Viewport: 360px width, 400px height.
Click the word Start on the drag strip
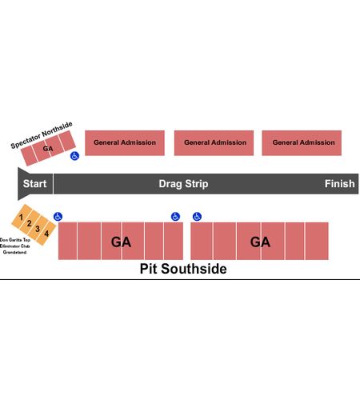tap(34, 184)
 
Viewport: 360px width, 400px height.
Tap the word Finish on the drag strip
tap(339, 184)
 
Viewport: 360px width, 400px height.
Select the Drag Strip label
tap(183, 184)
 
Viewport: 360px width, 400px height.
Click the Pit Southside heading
tap(183, 269)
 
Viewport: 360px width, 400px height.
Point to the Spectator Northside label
tap(42, 134)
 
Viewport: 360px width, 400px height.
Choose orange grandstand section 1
tap(22, 217)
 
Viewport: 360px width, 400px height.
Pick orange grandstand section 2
tap(30, 222)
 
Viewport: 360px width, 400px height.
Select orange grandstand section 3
tap(38, 228)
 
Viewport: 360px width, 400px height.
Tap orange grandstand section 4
tap(46, 234)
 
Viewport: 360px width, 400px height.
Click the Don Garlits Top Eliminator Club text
tap(15, 246)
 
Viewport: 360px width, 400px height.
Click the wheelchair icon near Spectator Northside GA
tap(74, 156)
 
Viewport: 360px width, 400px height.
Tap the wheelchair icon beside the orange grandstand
tap(58, 217)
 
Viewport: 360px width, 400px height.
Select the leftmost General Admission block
tap(125, 143)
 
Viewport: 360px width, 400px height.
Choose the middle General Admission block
tap(214, 143)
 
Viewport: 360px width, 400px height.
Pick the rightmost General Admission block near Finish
tap(302, 143)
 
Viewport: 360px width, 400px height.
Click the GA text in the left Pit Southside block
tap(121, 242)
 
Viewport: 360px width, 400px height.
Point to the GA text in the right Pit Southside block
tap(260, 242)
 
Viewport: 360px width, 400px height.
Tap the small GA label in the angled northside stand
tap(48, 149)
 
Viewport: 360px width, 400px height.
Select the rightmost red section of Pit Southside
tap(317, 241)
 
